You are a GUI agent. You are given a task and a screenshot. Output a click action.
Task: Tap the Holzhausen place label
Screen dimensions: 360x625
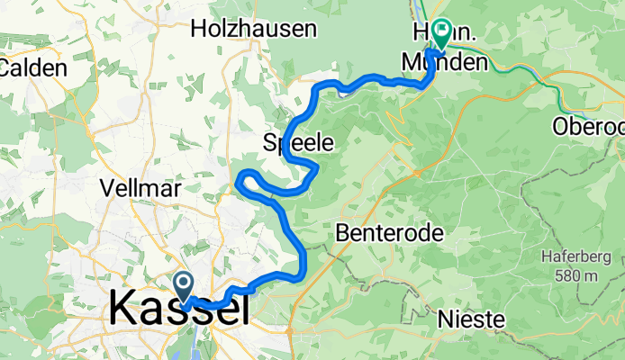coord(255,30)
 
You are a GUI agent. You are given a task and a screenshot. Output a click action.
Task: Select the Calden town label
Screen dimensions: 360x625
coord(33,67)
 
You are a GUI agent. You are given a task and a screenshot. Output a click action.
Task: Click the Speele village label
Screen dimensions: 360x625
coord(298,142)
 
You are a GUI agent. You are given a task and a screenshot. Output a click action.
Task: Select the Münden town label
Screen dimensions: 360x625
coord(445,63)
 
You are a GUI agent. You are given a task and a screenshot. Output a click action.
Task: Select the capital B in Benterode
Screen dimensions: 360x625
coord(343,233)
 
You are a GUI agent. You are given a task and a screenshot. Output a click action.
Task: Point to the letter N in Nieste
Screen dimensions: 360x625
coord(444,319)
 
